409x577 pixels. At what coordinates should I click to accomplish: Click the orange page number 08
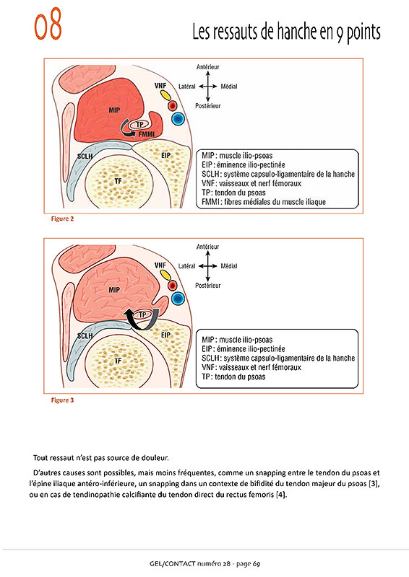(48, 25)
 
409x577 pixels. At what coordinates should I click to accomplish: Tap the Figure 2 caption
(62, 219)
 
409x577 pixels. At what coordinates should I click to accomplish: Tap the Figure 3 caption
(62, 400)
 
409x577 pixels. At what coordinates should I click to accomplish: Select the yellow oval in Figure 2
(165, 95)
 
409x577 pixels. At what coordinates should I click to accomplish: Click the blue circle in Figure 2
(178, 118)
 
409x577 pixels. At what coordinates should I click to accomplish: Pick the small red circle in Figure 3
(172, 285)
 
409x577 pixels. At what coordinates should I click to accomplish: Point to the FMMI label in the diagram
(147, 134)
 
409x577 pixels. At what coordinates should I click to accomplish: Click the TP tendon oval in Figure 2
(139, 125)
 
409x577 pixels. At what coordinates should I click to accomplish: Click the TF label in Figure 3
(118, 361)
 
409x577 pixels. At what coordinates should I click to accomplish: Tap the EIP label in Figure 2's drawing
(166, 155)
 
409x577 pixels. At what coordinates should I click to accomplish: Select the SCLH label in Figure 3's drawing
(85, 335)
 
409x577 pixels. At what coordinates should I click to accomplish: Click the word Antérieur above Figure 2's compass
(207, 67)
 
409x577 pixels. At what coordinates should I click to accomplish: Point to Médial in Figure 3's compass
(229, 265)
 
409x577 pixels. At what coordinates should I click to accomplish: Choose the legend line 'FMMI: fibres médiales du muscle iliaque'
(264, 202)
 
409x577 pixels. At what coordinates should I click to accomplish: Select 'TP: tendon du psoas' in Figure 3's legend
(233, 376)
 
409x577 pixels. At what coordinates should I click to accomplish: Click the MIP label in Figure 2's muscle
(114, 110)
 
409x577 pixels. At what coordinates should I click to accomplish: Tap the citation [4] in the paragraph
(281, 495)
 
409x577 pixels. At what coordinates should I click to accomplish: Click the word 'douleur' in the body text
(155, 458)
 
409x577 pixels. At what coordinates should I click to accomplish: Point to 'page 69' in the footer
(248, 564)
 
